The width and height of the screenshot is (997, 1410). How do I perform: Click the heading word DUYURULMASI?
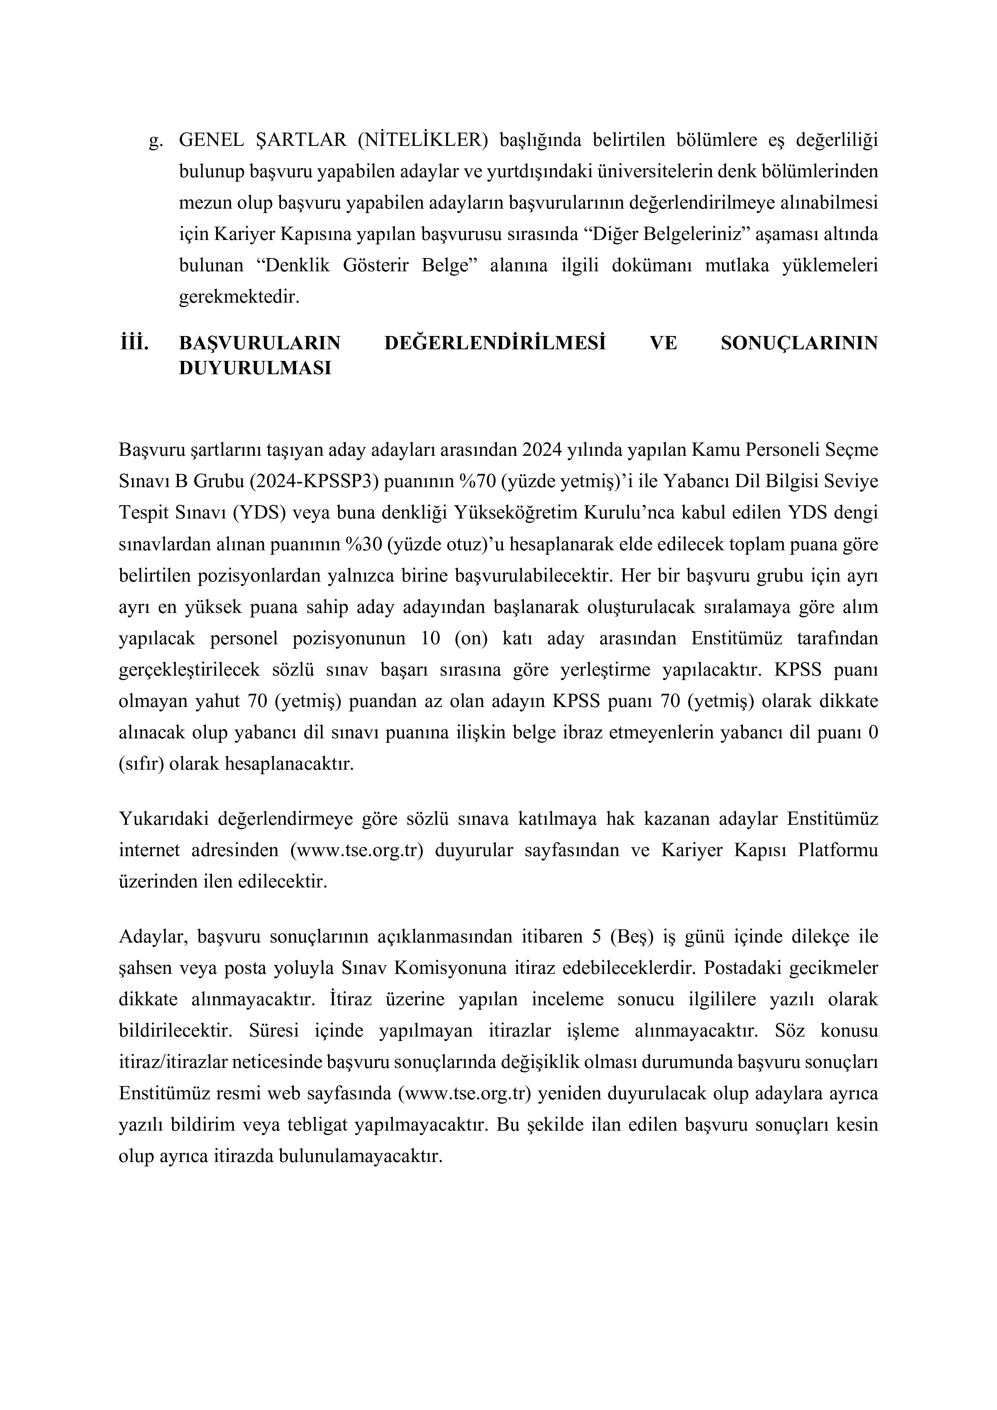pyautogui.click(x=255, y=369)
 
